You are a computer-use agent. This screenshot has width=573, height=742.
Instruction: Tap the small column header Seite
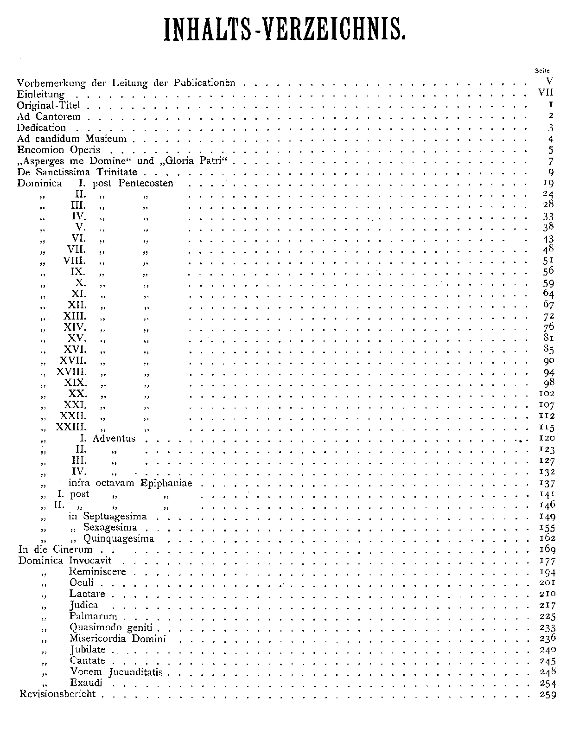point(541,70)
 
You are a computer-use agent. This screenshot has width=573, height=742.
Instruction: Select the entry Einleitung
point(41,94)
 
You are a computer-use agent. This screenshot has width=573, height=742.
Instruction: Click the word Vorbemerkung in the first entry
point(51,83)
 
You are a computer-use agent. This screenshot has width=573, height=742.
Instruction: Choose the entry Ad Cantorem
point(49,116)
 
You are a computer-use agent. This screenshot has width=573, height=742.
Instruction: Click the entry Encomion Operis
point(58,150)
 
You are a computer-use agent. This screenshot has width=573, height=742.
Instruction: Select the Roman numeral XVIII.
point(71,372)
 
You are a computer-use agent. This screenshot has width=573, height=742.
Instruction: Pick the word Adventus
point(114,438)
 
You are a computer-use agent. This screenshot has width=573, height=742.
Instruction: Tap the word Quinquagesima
point(119,539)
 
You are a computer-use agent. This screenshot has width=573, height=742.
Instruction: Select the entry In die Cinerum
point(55,550)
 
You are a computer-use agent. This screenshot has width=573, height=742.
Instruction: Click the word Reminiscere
point(98,572)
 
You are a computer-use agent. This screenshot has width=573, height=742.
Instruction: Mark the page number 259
point(548,695)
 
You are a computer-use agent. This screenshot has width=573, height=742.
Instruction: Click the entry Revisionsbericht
point(57,694)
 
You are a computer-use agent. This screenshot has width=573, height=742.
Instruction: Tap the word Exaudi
point(86,683)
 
